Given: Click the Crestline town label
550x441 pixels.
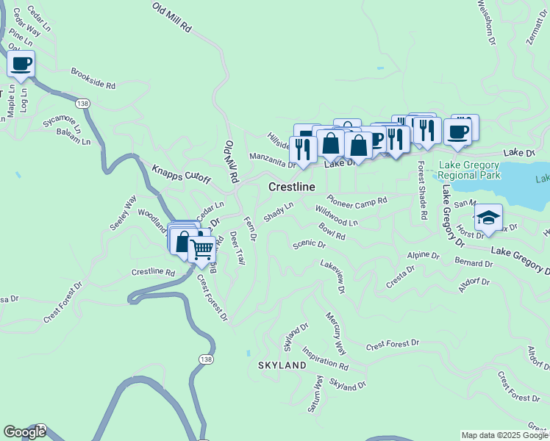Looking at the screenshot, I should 292,187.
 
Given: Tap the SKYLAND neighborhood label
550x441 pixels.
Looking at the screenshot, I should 282,365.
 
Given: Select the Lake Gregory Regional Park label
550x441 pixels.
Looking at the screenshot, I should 469,171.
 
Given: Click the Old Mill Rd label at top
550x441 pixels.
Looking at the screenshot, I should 172,18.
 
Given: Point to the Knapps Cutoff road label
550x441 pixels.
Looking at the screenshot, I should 181,173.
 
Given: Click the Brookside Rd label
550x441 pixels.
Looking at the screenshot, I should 93,79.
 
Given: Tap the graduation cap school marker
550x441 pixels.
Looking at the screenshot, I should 488,218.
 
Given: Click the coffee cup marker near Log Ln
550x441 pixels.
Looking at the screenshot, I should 21,64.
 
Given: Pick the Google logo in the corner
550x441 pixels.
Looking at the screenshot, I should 24,432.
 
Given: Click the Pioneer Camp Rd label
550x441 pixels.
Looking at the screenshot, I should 357,201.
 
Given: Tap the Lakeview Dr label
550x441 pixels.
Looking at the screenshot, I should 332,279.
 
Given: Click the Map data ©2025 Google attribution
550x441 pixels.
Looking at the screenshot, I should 504,435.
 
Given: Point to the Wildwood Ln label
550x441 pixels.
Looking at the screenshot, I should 337,216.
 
